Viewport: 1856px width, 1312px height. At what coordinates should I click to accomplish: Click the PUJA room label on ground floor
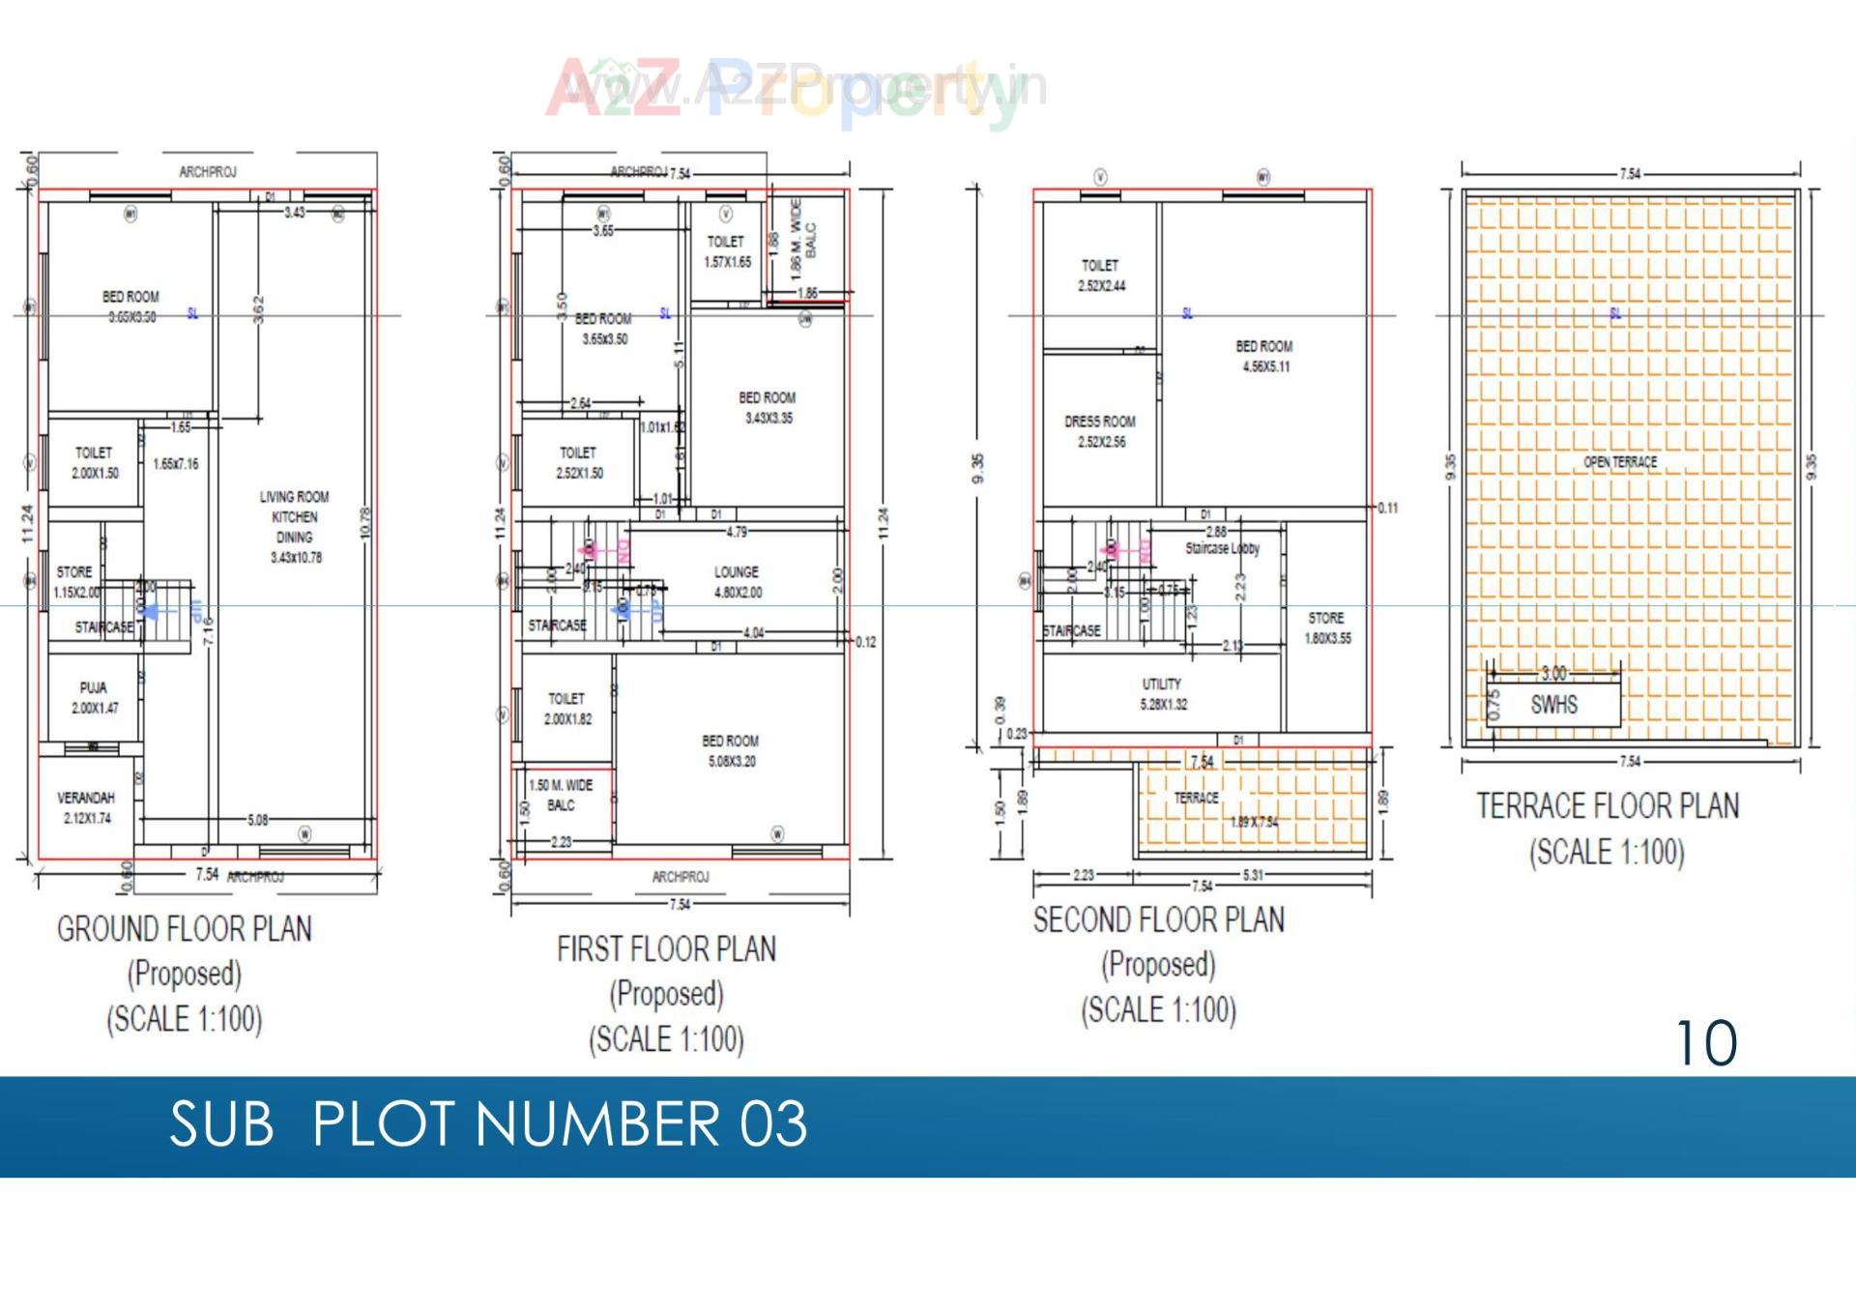(94, 697)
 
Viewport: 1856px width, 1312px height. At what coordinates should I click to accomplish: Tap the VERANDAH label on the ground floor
(86, 807)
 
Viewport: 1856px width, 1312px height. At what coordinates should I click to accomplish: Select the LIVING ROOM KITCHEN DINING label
(295, 526)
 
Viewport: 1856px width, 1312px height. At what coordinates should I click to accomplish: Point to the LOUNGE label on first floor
(737, 582)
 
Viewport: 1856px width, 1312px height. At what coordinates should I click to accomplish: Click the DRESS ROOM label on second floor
(1100, 431)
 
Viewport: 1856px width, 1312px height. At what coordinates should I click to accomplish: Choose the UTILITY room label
(1162, 693)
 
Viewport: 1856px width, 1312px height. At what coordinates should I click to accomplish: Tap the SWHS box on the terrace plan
(1553, 705)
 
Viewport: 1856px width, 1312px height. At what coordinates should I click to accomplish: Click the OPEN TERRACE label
(1620, 462)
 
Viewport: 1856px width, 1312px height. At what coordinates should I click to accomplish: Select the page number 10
(1706, 1043)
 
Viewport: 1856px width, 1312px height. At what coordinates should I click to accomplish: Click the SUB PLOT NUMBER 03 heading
(488, 1124)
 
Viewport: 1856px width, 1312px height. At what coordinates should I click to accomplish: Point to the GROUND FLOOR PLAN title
(185, 929)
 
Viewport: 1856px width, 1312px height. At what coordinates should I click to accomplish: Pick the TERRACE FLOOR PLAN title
(1608, 806)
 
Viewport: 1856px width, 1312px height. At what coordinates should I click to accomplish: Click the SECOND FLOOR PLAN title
(1159, 919)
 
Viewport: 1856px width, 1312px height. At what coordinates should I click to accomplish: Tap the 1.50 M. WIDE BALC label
(561, 795)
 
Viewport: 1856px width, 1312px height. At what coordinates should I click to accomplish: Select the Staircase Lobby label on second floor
(1223, 548)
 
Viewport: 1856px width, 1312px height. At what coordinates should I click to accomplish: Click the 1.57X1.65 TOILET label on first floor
(726, 251)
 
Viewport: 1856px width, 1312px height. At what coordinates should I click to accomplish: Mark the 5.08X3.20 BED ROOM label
(731, 751)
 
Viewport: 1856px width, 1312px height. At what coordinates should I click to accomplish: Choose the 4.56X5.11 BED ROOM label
(1264, 356)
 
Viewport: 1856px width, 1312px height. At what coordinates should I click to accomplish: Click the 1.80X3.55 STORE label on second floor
(1327, 627)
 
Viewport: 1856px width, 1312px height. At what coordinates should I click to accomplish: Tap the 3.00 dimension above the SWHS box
(1553, 674)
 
